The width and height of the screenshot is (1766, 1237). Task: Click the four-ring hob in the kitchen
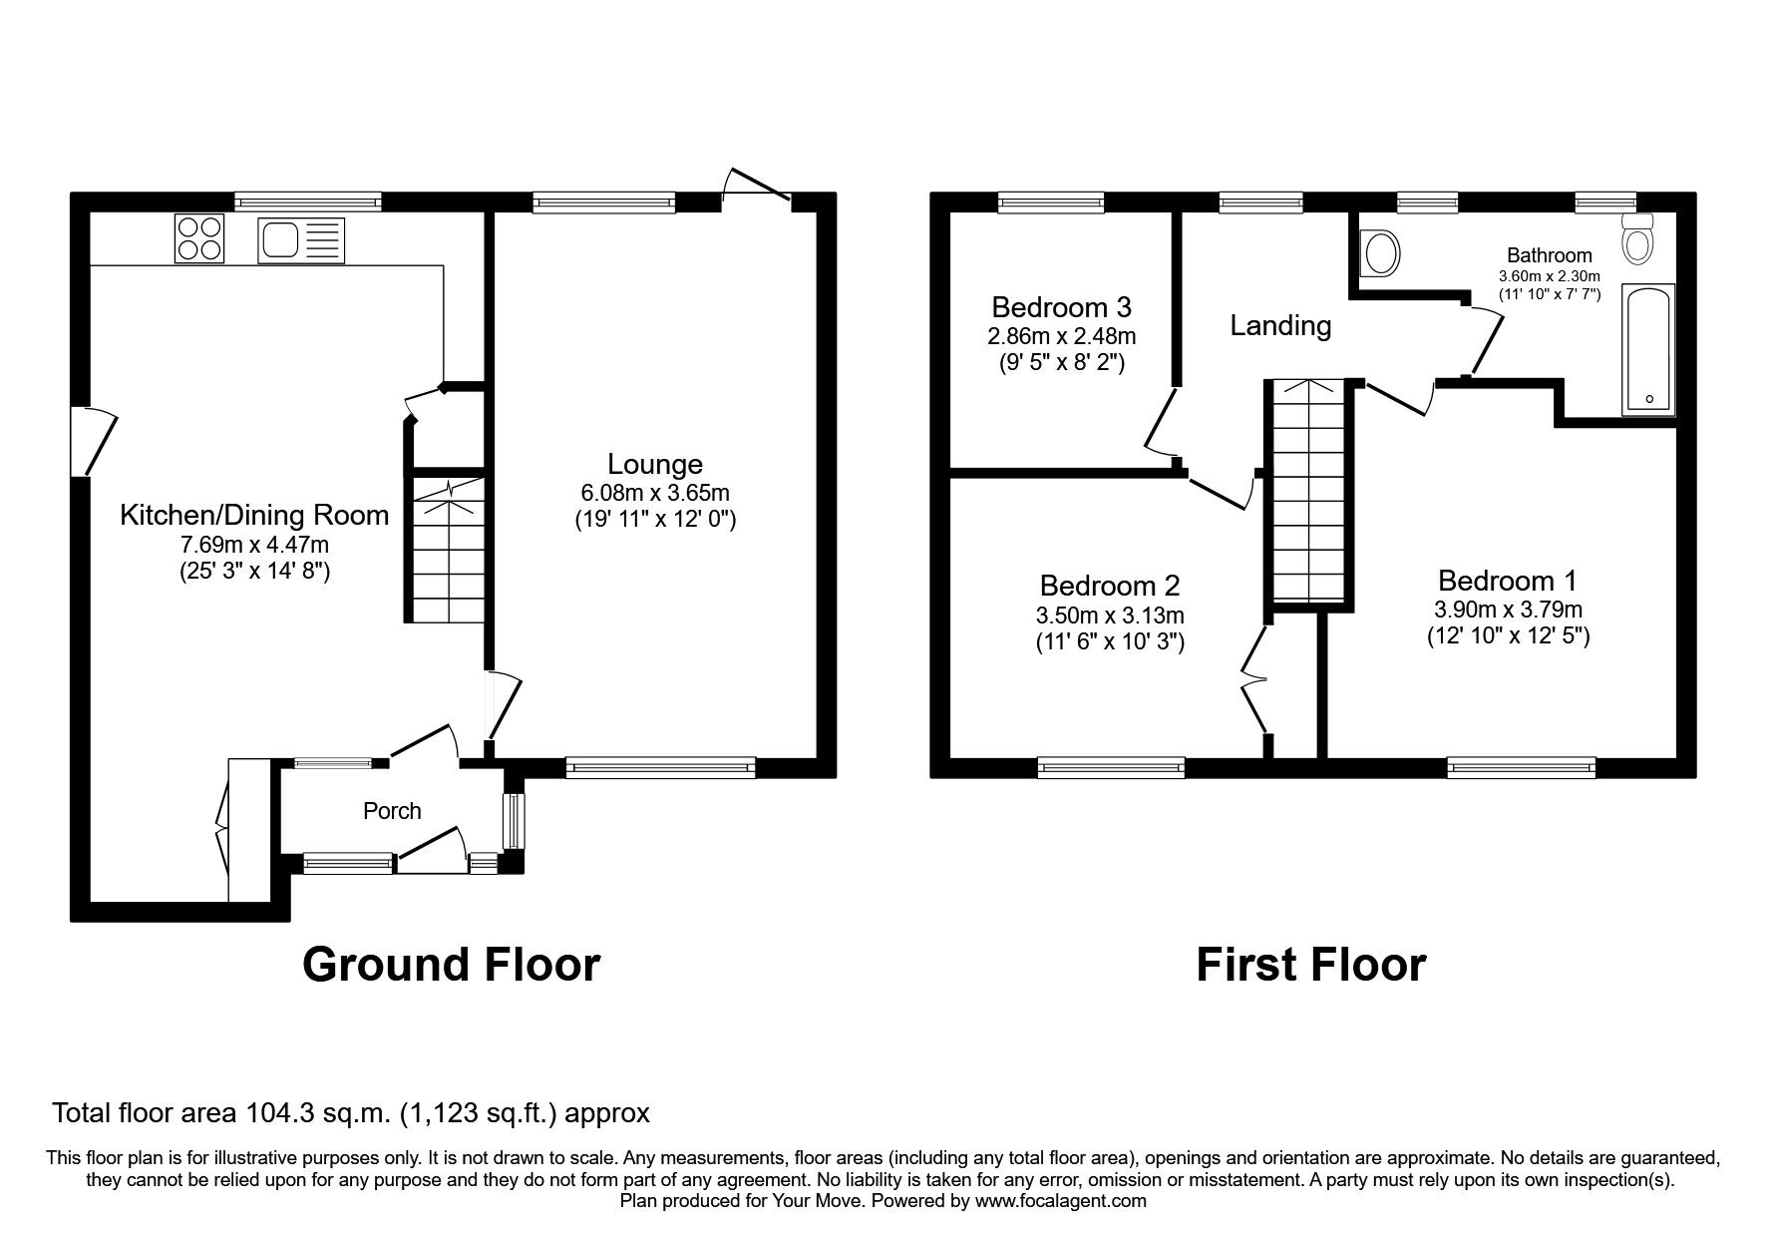click(x=199, y=238)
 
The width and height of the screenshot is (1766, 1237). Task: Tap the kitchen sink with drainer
click(x=300, y=240)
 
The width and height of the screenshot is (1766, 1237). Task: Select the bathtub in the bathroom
click(x=1649, y=349)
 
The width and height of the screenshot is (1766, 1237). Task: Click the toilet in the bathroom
click(x=1637, y=238)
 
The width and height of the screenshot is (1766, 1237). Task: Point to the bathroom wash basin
click(x=1381, y=253)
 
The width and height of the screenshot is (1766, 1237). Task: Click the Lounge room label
click(x=655, y=464)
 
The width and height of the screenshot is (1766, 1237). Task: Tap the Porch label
click(x=392, y=811)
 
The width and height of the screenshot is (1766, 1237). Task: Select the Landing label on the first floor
click(x=1280, y=326)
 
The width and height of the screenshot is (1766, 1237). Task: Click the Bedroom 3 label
click(x=1062, y=306)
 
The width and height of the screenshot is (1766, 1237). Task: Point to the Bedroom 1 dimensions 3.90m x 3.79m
click(x=1508, y=610)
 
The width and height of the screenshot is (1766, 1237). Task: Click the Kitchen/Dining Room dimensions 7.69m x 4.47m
click(x=254, y=545)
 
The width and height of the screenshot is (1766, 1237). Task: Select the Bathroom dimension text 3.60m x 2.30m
click(x=1549, y=275)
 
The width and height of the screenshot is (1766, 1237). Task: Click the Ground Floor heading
click(x=451, y=965)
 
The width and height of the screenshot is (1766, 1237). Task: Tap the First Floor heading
click(x=1311, y=965)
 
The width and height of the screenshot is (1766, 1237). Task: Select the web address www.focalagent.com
click(x=1060, y=1201)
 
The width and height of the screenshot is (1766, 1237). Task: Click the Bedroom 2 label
click(x=1110, y=585)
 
